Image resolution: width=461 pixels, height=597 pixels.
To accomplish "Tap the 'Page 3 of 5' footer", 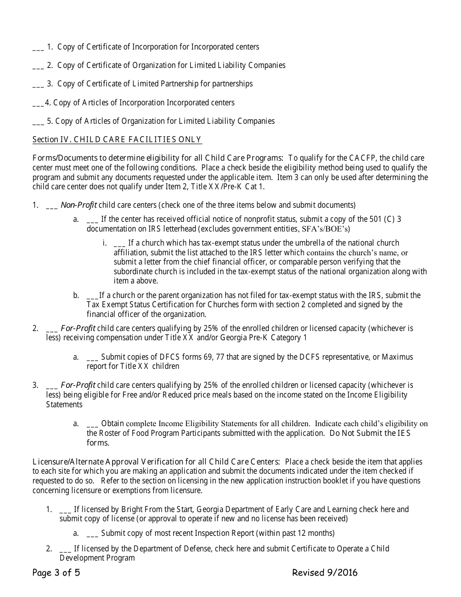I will point(56,573).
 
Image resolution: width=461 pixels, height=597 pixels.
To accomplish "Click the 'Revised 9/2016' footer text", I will point(325,573).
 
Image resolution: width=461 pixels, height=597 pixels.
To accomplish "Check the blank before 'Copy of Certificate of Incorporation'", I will point(38,48).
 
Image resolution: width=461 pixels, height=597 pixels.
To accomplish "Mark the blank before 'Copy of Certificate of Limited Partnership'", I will point(38,85).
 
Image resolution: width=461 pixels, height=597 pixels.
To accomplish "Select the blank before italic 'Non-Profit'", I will point(51,206).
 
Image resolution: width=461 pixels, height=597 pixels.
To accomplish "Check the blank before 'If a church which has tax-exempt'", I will point(119,244).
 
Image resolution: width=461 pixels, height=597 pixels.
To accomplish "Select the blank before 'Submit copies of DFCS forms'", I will point(92,358).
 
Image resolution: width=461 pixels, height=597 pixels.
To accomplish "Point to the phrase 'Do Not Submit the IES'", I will point(369,433).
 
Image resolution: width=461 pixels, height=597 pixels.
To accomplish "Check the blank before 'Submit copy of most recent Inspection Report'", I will point(92,534).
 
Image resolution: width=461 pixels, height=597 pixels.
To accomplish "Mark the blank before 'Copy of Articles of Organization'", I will point(38,122).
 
